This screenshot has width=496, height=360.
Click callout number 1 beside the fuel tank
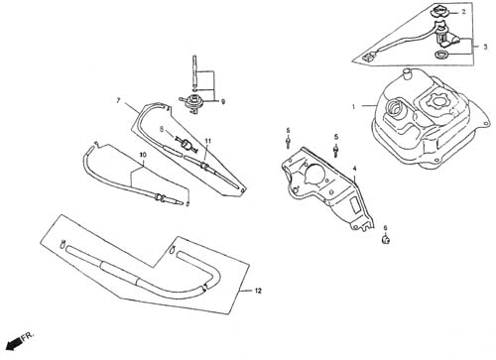[x=353, y=106]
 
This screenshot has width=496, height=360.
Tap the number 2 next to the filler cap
[x=463, y=12]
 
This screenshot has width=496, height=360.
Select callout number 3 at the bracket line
[x=485, y=47]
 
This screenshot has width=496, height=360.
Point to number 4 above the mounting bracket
[x=354, y=169]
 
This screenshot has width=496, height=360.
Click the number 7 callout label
[x=118, y=100]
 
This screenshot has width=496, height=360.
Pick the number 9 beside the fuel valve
[x=223, y=102]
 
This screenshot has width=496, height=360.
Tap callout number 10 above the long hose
[x=143, y=155]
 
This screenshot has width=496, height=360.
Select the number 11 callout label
[x=207, y=141]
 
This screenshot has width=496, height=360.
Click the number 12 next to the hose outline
[x=258, y=291]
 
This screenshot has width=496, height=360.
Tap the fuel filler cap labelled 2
[x=439, y=12]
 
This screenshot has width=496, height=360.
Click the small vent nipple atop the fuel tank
[x=407, y=73]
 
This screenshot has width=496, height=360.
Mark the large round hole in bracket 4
[x=314, y=172]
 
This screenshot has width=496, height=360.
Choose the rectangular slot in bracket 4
[x=355, y=204]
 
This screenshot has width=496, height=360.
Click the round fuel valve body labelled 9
[x=191, y=101]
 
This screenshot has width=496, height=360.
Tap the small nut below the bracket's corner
[x=386, y=240]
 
